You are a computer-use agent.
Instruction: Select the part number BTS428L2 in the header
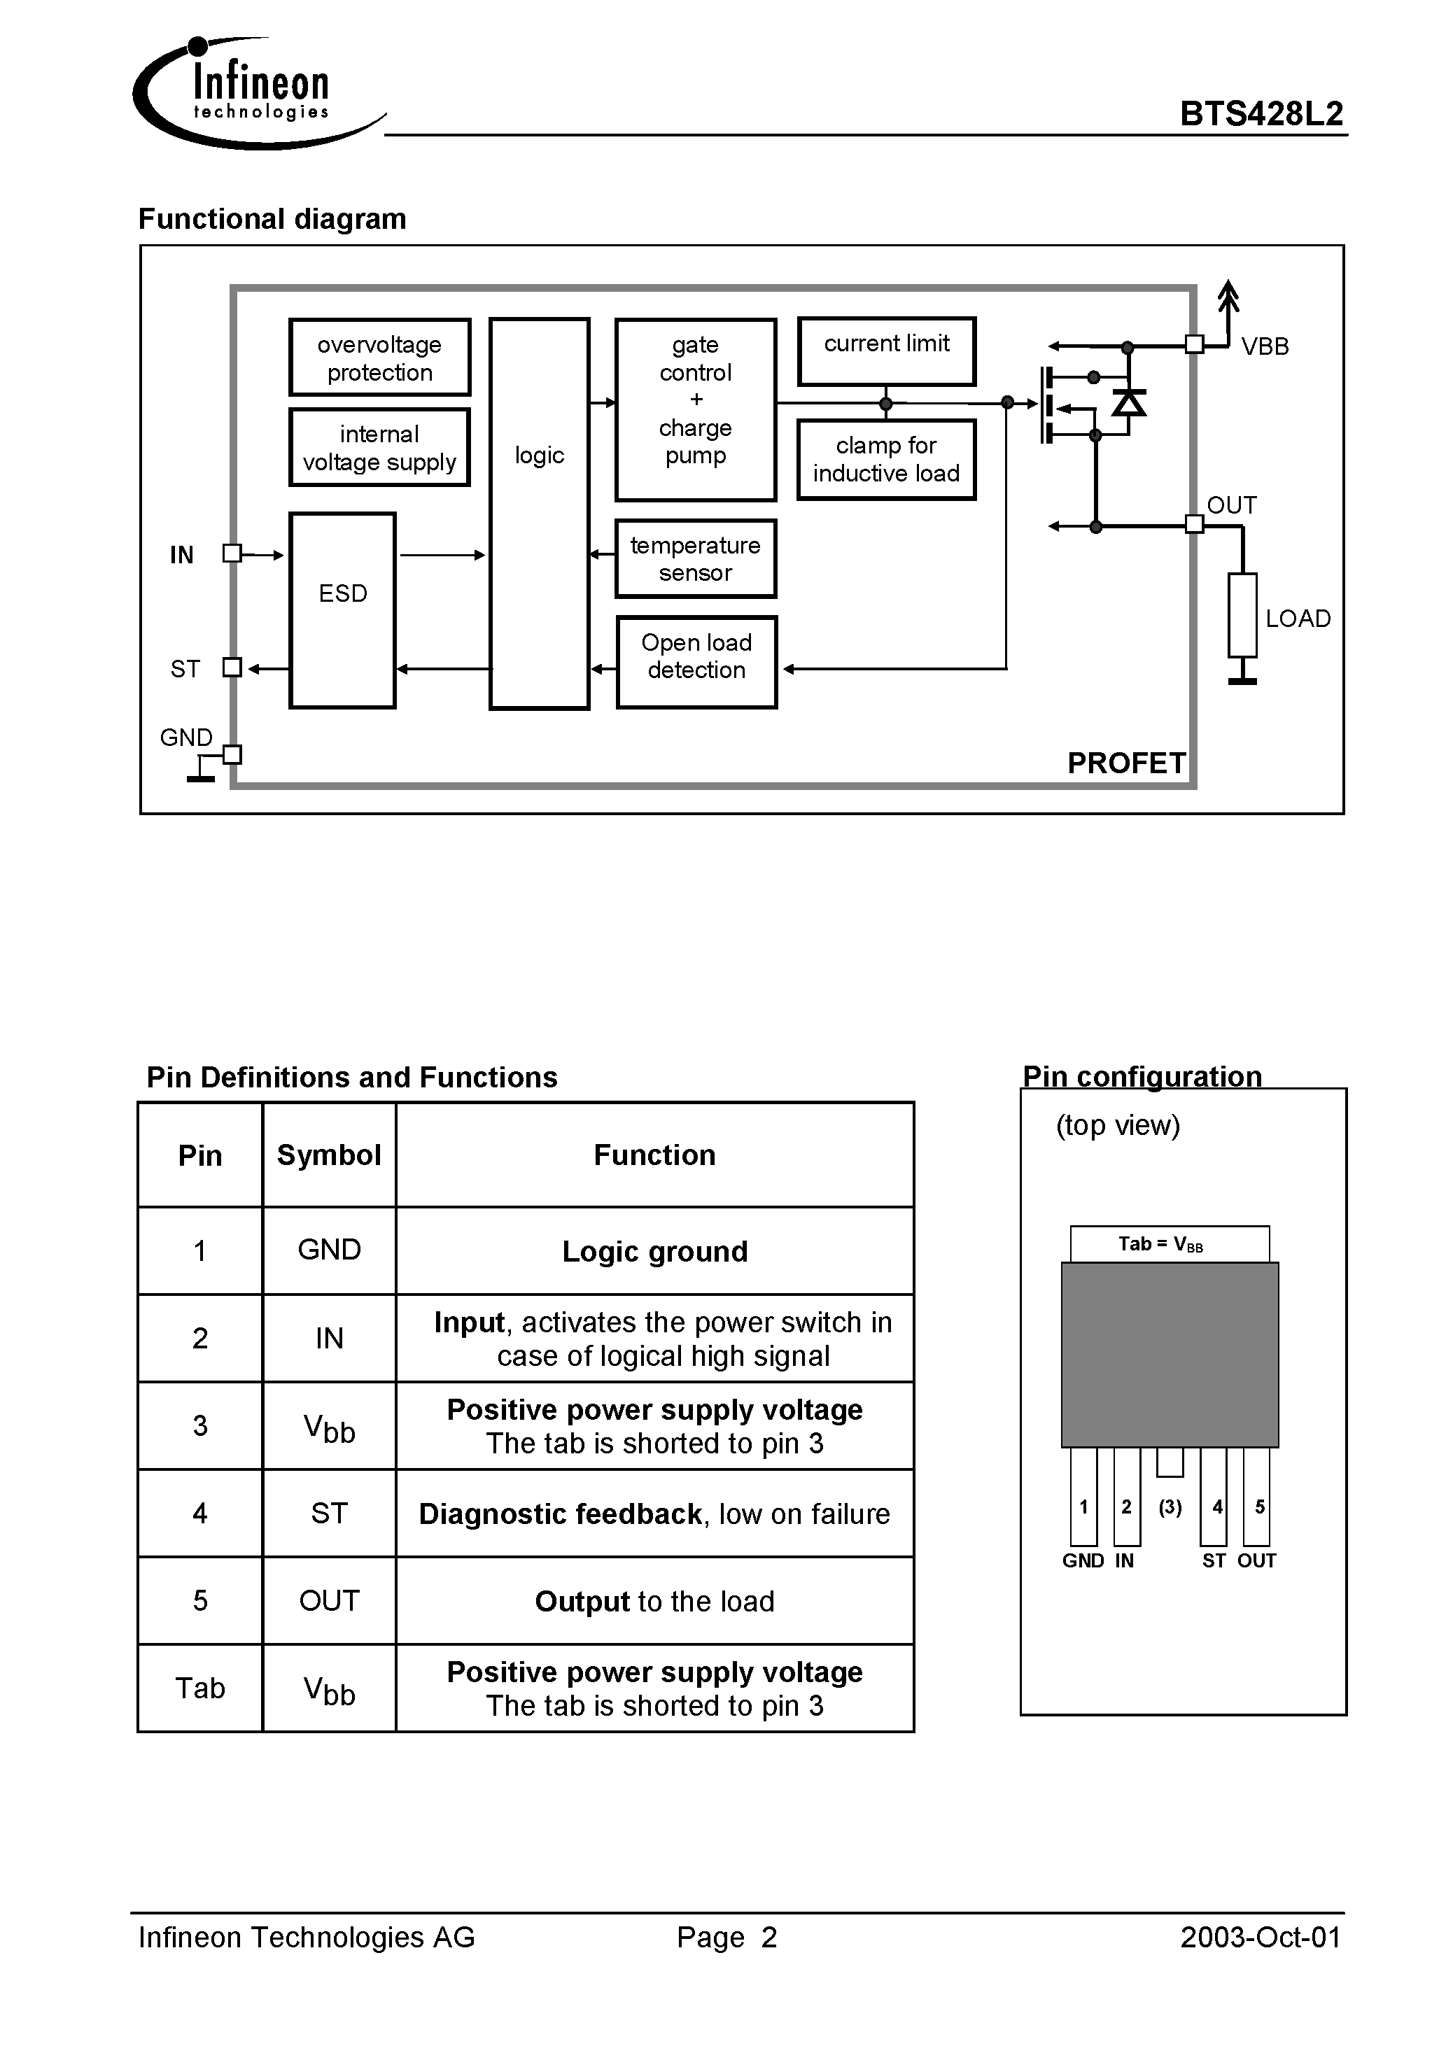pyautogui.click(x=1261, y=114)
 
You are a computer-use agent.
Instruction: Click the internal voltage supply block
pyautogui.click(x=380, y=447)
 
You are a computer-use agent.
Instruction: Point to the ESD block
pyautogui.click(x=342, y=609)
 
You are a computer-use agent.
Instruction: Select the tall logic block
pyautogui.click(x=540, y=514)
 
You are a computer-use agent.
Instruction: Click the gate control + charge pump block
pyautogui.click(x=696, y=409)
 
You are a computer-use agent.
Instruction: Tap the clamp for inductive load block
pyautogui.click(x=886, y=459)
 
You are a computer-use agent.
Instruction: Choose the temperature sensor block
pyautogui.click(x=696, y=558)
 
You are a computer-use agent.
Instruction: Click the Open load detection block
pyautogui.click(x=696, y=662)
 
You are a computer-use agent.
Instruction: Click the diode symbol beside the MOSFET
pyautogui.click(x=1129, y=404)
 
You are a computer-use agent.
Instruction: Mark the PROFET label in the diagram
pyautogui.click(x=1126, y=763)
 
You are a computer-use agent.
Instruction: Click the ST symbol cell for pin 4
pyautogui.click(x=329, y=1513)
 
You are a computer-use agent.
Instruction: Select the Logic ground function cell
pyautogui.click(x=654, y=1251)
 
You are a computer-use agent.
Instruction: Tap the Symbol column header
pyautogui.click(x=329, y=1155)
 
